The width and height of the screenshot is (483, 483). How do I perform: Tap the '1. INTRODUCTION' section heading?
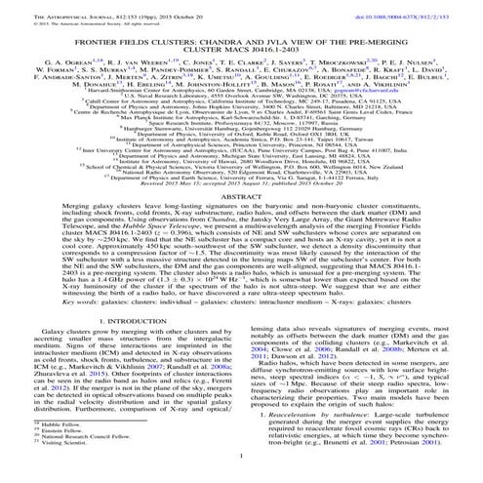pyautogui.click(x=123, y=343)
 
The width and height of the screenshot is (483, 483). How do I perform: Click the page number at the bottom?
pyautogui.click(x=241, y=476)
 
